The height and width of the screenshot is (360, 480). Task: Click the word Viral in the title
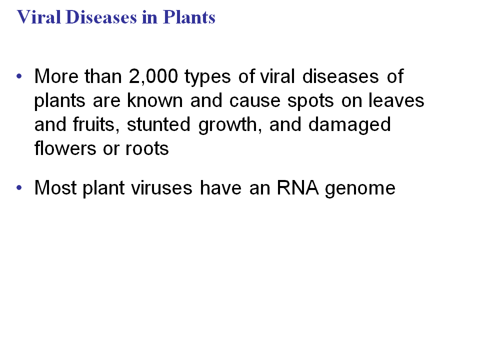(x=38, y=17)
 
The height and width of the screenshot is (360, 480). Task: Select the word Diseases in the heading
(x=101, y=17)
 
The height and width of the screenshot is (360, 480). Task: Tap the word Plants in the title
(x=189, y=17)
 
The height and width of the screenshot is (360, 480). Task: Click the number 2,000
(x=153, y=76)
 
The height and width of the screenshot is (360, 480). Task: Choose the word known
(x=155, y=100)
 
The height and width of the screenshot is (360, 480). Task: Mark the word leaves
(x=396, y=100)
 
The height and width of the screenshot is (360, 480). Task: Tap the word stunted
(x=158, y=124)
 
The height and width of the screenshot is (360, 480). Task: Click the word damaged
(x=349, y=125)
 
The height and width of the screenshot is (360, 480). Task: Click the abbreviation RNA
(x=297, y=187)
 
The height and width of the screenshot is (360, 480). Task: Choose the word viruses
(x=162, y=187)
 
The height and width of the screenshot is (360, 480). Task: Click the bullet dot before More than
(x=19, y=76)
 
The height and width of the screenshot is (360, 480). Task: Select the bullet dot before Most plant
(x=19, y=187)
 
